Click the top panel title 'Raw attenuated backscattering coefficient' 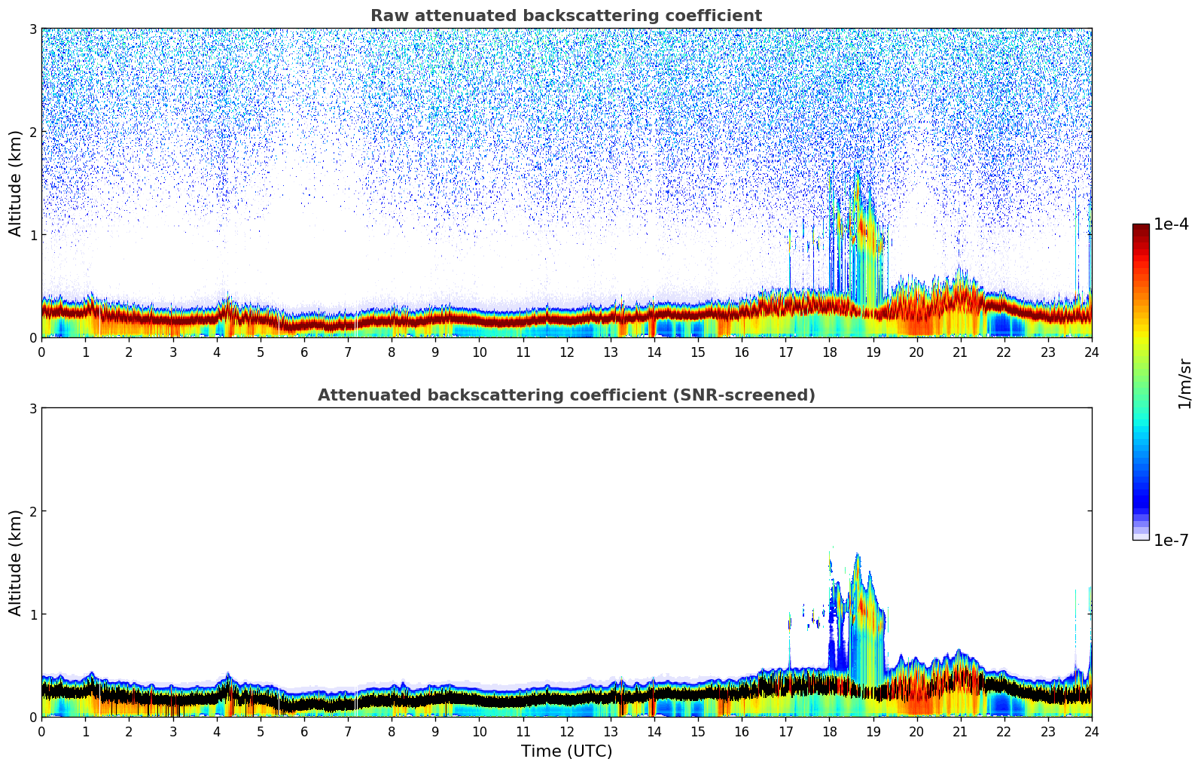coord(565,16)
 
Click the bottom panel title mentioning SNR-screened coord(565,395)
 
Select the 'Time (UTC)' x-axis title coord(566,751)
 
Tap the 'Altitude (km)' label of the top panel coord(16,183)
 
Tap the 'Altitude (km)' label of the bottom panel coord(16,562)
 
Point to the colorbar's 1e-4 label coord(1171,224)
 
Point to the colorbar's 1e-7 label coord(1171,540)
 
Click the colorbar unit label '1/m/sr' coord(1184,383)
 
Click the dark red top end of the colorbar coord(1141,227)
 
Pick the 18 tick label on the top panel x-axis coord(829,352)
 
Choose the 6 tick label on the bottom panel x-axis coord(304,731)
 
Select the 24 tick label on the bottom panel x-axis coord(1091,731)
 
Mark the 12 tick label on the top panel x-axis coord(566,352)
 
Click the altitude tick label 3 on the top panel coord(33,29)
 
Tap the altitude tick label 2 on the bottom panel coord(33,511)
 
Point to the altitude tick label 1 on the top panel coord(33,235)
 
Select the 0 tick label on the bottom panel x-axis coord(41,731)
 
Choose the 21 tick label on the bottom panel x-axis coord(960,731)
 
